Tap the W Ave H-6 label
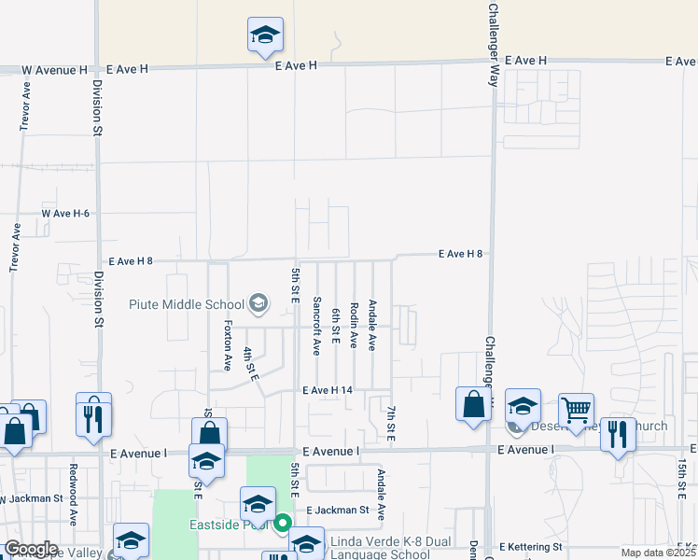(x=65, y=214)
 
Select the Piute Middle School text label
(x=186, y=304)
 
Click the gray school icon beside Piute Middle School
(x=258, y=303)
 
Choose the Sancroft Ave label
(x=317, y=326)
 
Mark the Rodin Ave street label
(x=354, y=326)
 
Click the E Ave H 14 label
(x=328, y=389)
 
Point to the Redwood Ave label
(x=72, y=504)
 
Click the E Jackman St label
(x=340, y=510)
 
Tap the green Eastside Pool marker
(x=283, y=523)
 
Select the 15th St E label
(x=684, y=477)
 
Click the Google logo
(x=31, y=549)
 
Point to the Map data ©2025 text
(x=656, y=553)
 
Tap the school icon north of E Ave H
(x=265, y=35)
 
